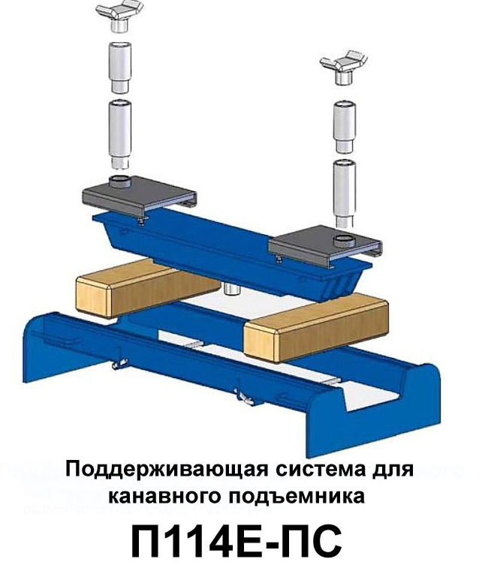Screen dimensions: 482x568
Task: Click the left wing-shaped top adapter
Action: [x=119, y=18]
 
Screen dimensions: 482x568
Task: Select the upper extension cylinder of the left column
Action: [x=120, y=69]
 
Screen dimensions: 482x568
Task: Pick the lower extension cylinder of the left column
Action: [x=120, y=135]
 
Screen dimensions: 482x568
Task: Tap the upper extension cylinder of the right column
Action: [x=345, y=127]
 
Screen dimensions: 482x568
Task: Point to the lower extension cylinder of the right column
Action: [x=345, y=193]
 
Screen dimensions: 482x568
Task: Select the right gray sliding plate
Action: [x=325, y=246]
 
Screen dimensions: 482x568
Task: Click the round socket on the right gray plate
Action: [x=342, y=241]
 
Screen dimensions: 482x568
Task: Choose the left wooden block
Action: [x=146, y=288]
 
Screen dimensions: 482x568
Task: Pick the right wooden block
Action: [x=316, y=328]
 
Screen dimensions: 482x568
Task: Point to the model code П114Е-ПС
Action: [x=236, y=542]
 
